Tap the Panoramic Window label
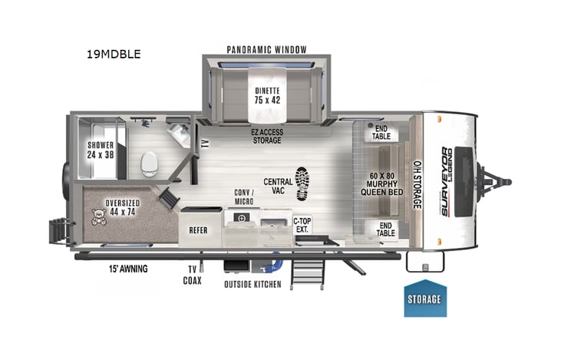pyautogui.click(x=266, y=49)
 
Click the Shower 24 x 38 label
pyautogui.click(x=101, y=149)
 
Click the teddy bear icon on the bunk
pyautogui.click(x=99, y=216)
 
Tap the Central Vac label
pyautogui.click(x=277, y=187)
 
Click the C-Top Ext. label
pyautogui.click(x=303, y=225)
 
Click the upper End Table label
pyautogui.click(x=381, y=132)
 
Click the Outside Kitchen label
pyautogui.click(x=252, y=285)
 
